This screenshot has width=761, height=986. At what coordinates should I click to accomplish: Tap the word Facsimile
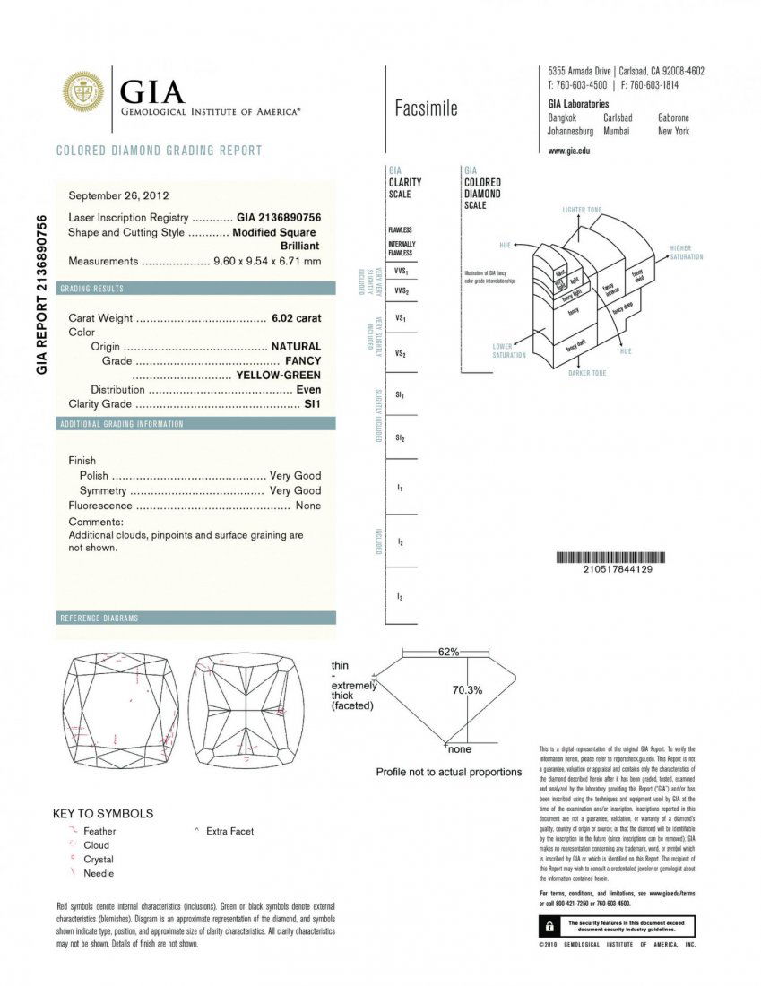(426, 109)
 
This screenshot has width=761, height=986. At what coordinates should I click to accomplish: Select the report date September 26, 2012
(118, 195)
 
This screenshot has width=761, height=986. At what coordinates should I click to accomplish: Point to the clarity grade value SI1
(313, 404)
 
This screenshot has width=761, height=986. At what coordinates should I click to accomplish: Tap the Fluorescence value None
(307, 506)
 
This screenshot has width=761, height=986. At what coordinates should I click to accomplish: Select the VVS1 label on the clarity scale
(401, 271)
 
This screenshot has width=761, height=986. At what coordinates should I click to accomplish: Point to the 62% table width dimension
(448, 652)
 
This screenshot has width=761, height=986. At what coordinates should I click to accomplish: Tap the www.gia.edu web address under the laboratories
(568, 151)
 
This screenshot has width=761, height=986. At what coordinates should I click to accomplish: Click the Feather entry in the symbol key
(99, 831)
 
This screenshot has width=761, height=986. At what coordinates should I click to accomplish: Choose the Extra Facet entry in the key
(229, 831)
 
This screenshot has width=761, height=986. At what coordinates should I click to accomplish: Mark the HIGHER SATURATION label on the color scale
(686, 253)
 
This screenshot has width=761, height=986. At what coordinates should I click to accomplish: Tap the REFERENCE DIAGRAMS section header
(99, 618)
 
